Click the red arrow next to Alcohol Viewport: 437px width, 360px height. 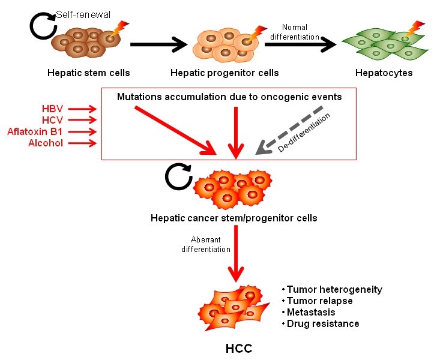pyautogui.click(x=87, y=143)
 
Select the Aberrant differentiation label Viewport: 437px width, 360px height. pyautogui.click(x=198, y=245)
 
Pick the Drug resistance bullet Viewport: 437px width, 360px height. pyautogui.click(x=320, y=323)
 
